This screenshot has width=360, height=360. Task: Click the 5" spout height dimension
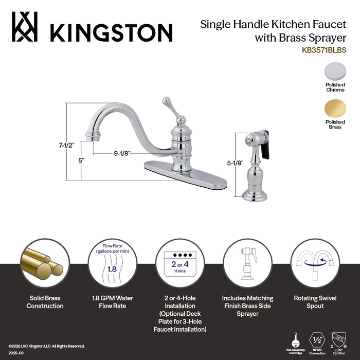coord(81,160)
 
